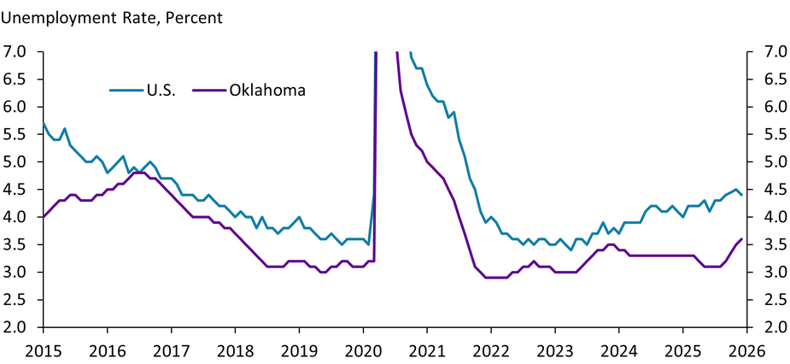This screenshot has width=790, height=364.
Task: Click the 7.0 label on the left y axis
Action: click(20, 51)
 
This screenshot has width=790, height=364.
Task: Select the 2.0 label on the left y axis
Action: click(20, 327)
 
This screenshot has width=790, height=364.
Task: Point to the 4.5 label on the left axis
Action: click(20, 190)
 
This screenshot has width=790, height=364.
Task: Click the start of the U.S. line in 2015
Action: click(43, 123)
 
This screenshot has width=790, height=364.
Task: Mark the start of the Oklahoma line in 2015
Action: click(43, 217)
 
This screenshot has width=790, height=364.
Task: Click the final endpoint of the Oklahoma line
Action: click(741, 239)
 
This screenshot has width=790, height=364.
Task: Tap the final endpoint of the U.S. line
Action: click(741, 195)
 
